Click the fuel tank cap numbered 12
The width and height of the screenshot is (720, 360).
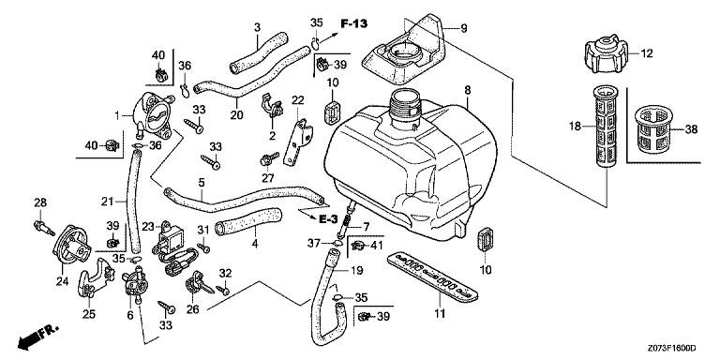pyautogui.click(x=605, y=56)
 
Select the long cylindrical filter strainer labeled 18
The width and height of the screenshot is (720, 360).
pyautogui.click(x=607, y=128)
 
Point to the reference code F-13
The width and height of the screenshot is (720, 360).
pyautogui.click(x=353, y=23)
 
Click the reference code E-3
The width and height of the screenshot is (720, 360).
pyautogui.click(x=329, y=220)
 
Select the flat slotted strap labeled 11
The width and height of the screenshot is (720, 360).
pyautogui.click(x=434, y=278)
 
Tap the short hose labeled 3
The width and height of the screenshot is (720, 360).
pyautogui.click(x=258, y=52)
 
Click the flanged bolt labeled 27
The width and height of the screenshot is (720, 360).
pyautogui.click(x=269, y=159)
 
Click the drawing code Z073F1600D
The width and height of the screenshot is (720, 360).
pyautogui.click(x=672, y=349)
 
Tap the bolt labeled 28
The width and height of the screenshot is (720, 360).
pyautogui.click(x=44, y=227)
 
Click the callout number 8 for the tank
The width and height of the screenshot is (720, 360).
pyautogui.click(x=467, y=90)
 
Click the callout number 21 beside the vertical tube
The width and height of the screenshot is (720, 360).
pyautogui.click(x=107, y=201)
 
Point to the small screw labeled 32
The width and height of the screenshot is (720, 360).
pyautogui.click(x=224, y=291)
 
